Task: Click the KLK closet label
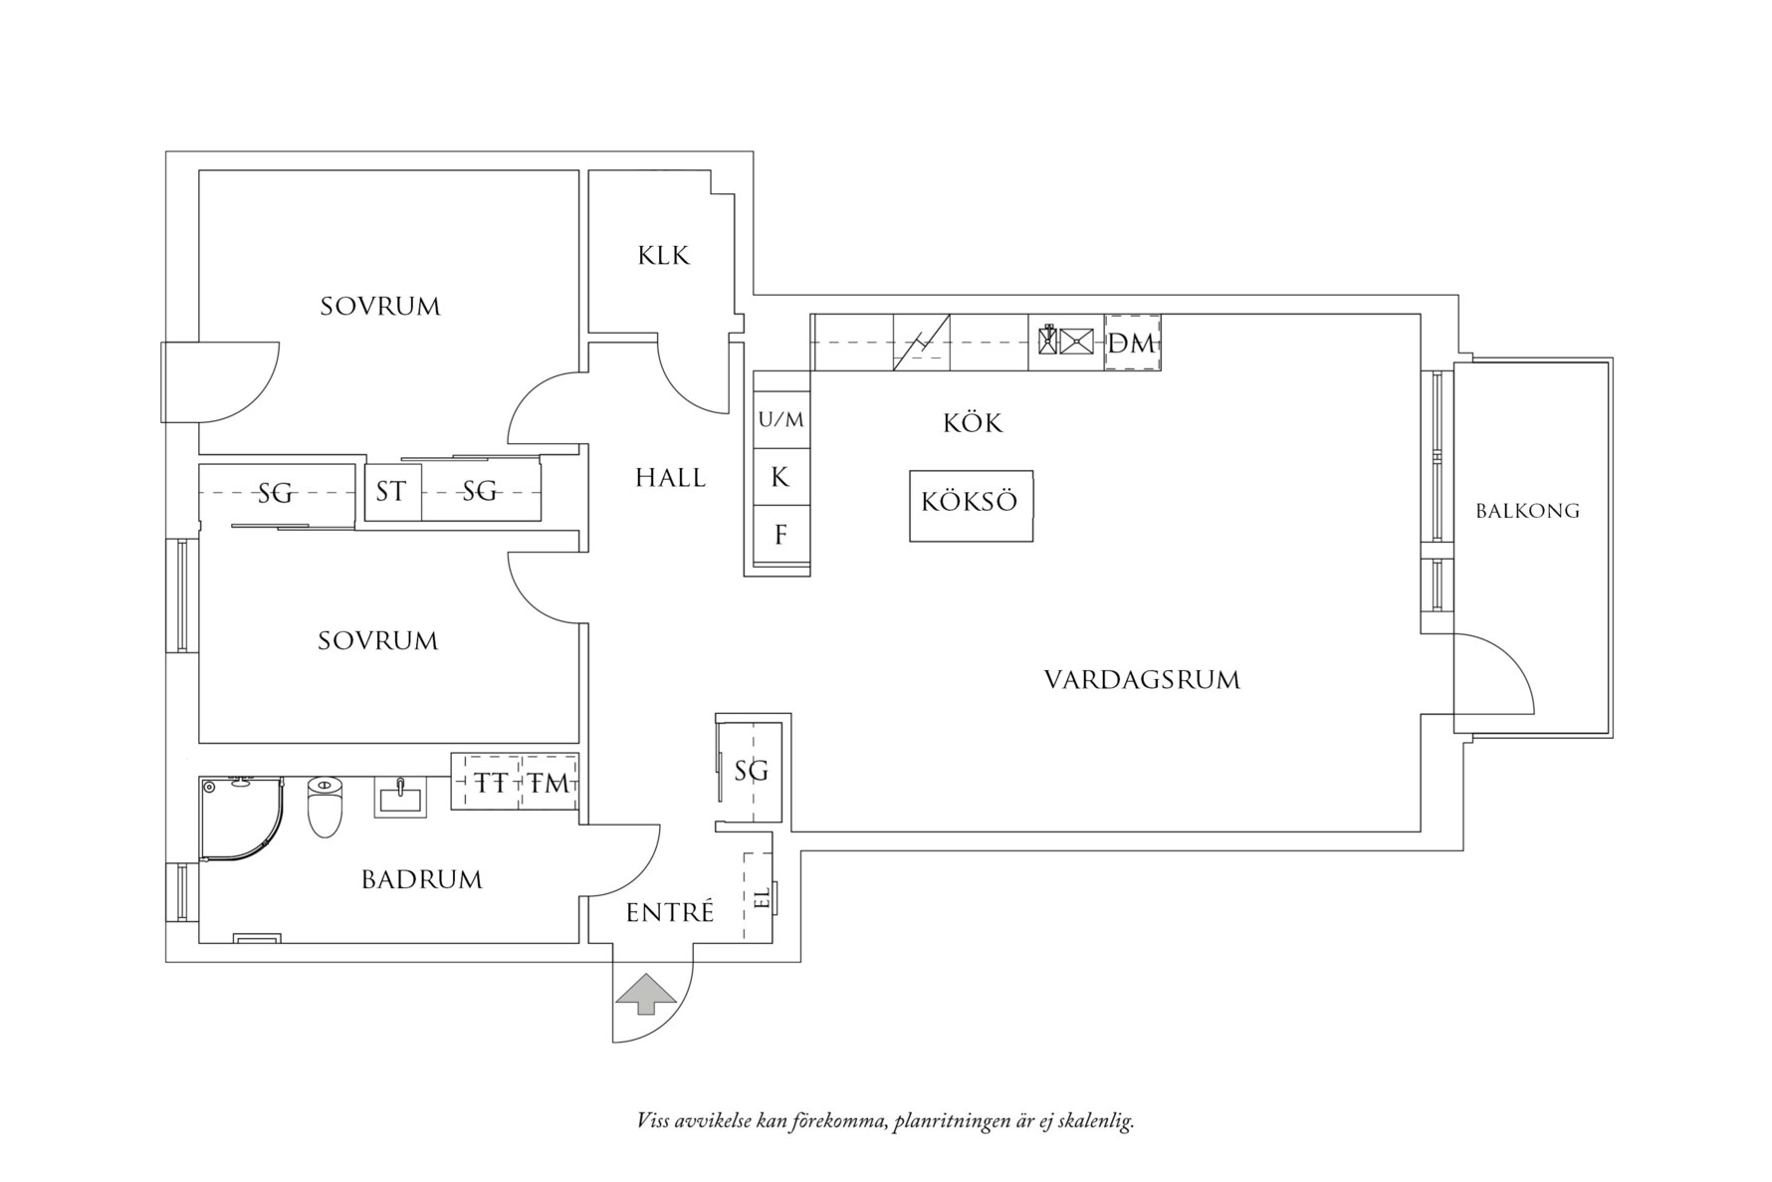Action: coord(663,256)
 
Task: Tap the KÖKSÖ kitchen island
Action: coord(970,505)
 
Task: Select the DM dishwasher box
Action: coord(1132,344)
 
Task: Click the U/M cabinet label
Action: coord(780,420)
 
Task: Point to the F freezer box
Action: coord(780,535)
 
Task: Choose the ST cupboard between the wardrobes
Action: coord(391,491)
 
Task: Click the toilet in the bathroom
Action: coord(325,806)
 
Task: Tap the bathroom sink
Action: coord(400,797)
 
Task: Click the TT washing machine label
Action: coord(489,783)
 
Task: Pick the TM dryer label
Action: coord(550,783)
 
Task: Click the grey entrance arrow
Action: coord(645,993)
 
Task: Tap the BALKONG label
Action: coord(1527,511)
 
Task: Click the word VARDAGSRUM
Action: coord(1142,680)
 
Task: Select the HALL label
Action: coord(670,478)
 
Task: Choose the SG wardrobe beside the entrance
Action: coord(752,771)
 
